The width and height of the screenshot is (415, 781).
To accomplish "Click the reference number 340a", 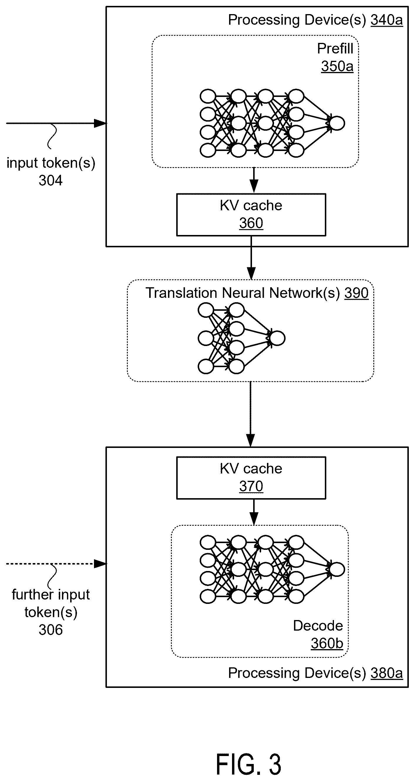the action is click(387, 20).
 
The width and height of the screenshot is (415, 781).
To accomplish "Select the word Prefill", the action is click(335, 48).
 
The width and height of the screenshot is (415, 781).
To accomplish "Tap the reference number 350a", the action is click(337, 66).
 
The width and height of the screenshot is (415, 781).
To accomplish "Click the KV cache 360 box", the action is click(251, 215).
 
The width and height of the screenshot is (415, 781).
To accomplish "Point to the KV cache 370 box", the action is click(251, 478).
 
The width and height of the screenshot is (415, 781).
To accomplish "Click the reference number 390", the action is click(356, 293).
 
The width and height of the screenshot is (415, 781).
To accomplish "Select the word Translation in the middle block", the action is click(181, 293).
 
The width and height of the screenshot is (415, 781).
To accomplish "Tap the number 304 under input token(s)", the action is click(51, 180).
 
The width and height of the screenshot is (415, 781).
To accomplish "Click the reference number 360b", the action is click(327, 643).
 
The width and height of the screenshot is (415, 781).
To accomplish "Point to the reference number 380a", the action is click(387, 673).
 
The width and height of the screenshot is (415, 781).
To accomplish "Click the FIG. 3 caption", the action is click(248, 764).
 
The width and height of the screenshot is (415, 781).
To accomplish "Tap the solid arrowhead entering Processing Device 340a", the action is click(100, 123).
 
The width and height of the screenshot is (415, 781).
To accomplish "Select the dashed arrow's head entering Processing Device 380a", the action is click(100, 564).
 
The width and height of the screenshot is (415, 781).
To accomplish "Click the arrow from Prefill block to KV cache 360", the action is click(254, 180).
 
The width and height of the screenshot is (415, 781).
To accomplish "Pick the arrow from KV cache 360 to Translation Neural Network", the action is click(251, 258).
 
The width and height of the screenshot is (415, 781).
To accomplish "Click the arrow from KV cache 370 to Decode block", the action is click(254, 512).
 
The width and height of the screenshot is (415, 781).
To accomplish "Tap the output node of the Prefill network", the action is click(337, 123).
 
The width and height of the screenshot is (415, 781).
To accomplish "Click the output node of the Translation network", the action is click(277, 338).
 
